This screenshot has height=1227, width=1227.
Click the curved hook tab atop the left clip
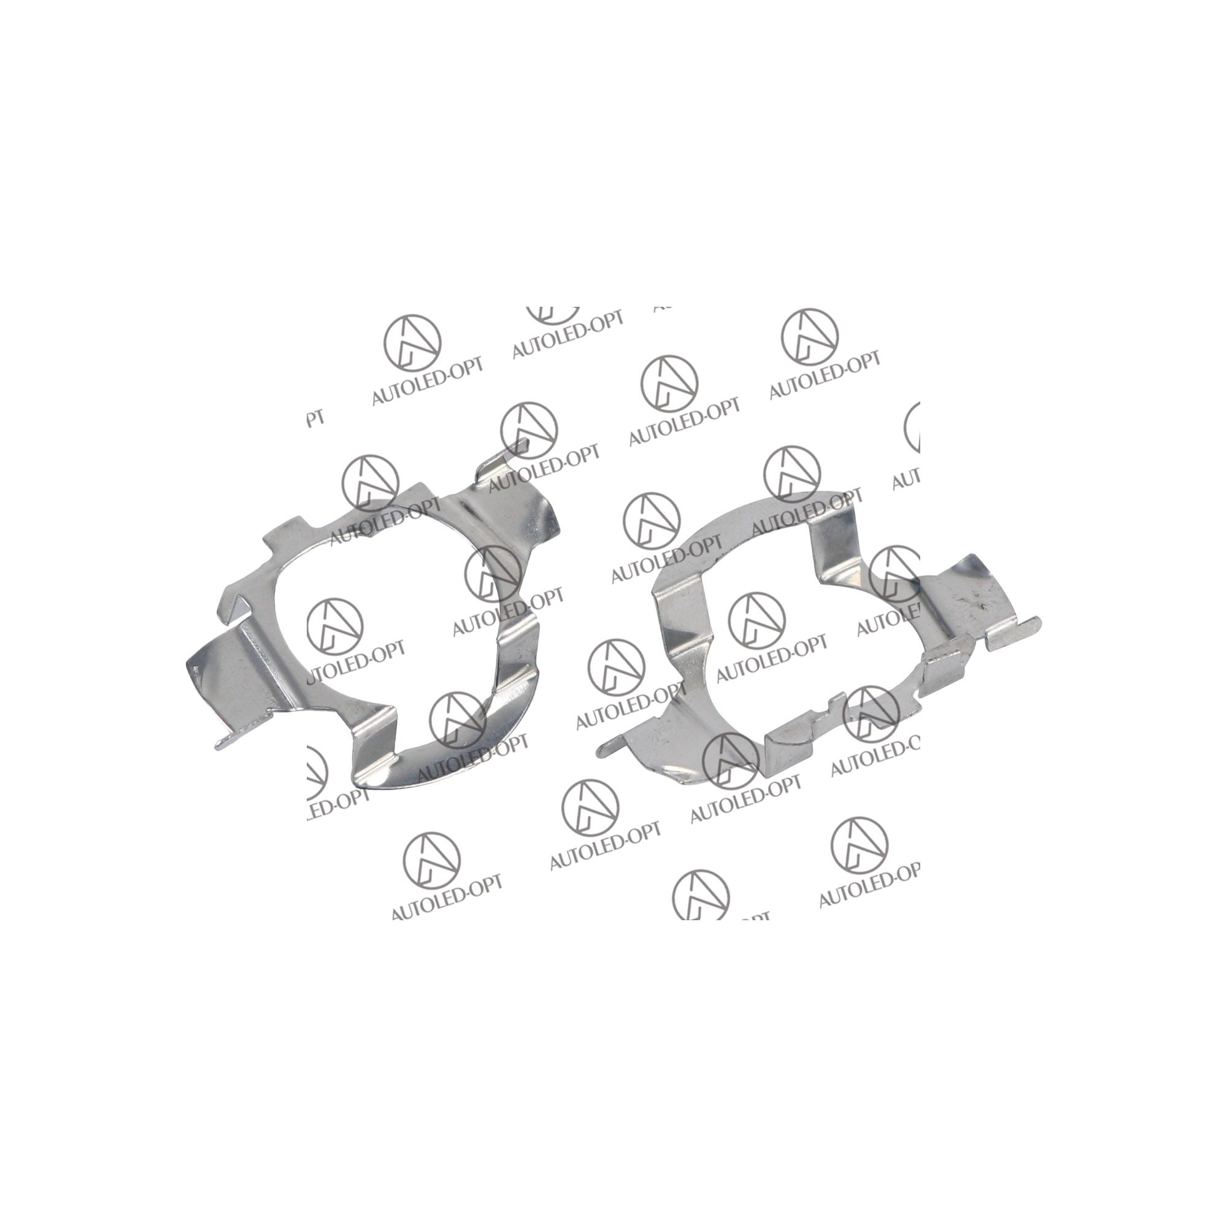coord(502,458)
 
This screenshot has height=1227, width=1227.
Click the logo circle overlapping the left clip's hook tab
coord(529,430)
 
